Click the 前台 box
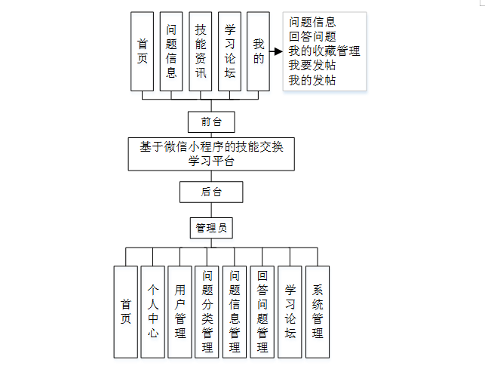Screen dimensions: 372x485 [x=211, y=121]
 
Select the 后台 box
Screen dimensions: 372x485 [x=211, y=192]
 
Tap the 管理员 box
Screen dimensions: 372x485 [x=211, y=226]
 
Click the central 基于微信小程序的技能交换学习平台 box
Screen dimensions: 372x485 [x=211, y=153]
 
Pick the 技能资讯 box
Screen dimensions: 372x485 [x=201, y=51]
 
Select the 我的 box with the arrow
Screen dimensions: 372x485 [x=258, y=51]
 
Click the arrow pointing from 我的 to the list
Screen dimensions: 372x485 [x=275, y=52]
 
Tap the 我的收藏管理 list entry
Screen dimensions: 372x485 [x=324, y=51]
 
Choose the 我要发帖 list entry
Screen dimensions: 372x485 [x=312, y=66]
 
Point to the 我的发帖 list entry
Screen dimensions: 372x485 [x=312, y=80]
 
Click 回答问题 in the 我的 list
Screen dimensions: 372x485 [x=312, y=36]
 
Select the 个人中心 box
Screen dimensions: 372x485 [x=153, y=311]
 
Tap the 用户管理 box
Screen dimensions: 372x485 [x=180, y=311]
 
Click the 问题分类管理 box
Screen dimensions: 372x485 [x=207, y=311]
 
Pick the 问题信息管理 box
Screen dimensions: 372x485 [x=235, y=311]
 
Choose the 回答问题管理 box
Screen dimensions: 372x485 [x=262, y=311]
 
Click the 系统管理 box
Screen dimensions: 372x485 [x=318, y=311]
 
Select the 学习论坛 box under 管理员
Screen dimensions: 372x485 [x=290, y=311]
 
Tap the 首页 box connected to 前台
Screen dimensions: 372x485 [x=142, y=51]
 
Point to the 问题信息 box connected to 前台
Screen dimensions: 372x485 [x=171, y=51]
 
